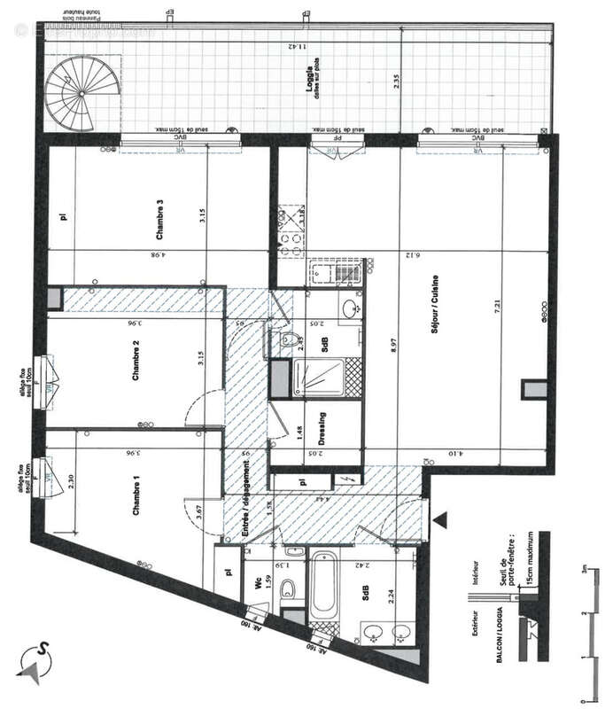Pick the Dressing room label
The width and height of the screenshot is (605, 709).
[322, 430]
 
